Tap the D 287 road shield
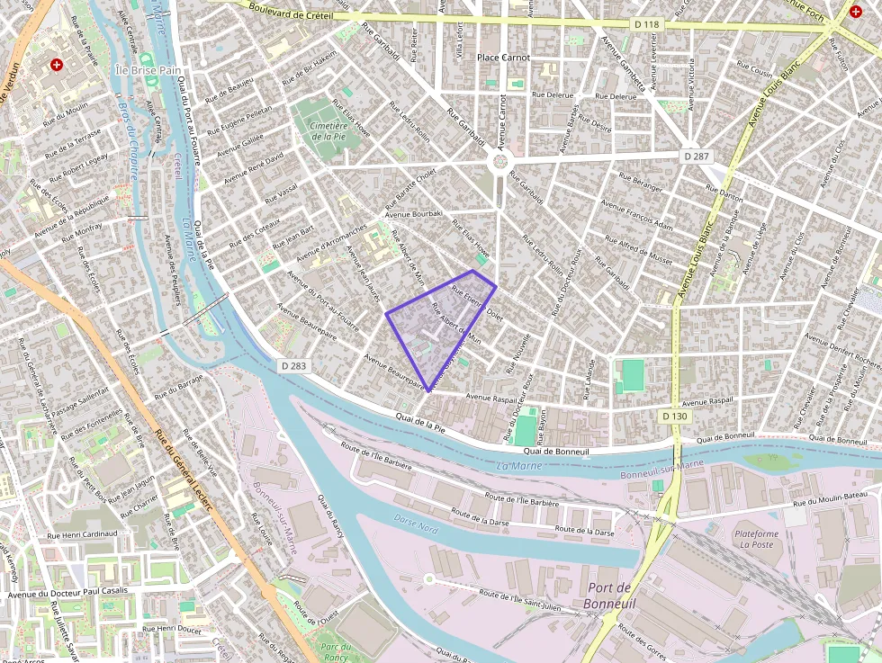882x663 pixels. click(x=696, y=156)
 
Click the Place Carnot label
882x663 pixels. click(x=503, y=58)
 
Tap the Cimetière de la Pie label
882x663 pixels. click(x=328, y=131)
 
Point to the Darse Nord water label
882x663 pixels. click(x=416, y=524)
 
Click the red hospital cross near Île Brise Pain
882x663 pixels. click(x=58, y=66)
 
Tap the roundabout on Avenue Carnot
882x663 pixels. click(x=499, y=162)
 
